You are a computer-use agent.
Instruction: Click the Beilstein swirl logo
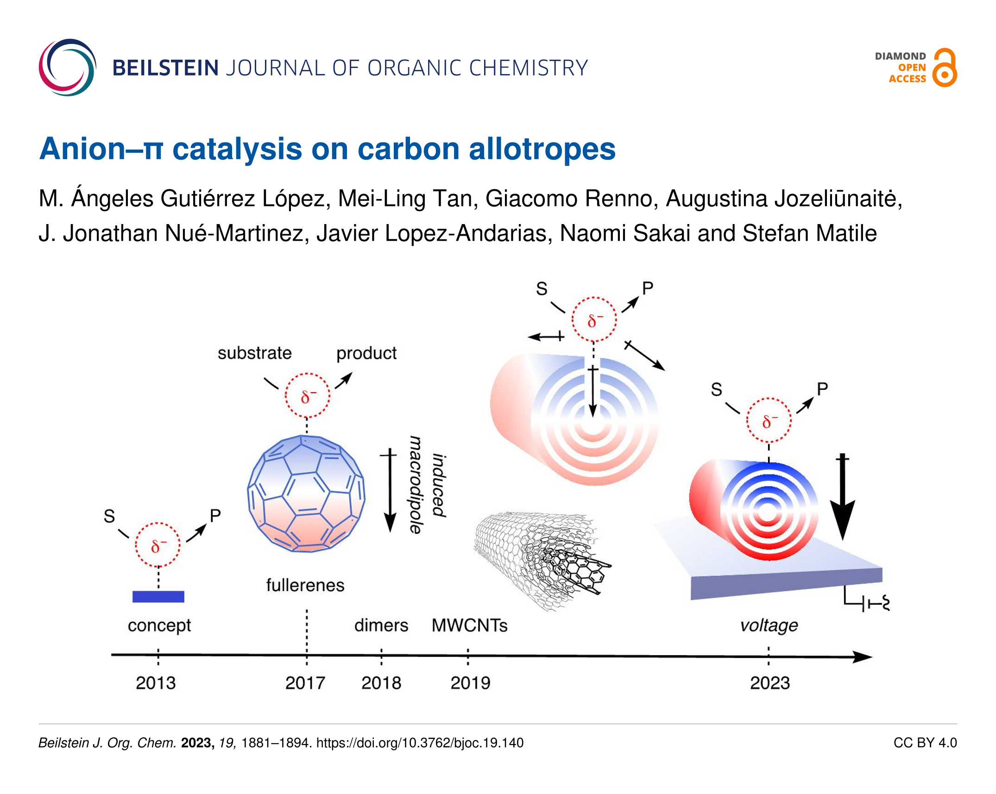(x=68, y=68)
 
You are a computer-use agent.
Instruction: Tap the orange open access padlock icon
(x=945, y=68)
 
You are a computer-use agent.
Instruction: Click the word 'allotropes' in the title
(x=542, y=149)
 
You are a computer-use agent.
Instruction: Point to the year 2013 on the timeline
(x=156, y=683)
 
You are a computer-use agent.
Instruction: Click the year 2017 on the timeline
(x=305, y=683)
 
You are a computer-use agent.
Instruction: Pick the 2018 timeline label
(x=381, y=683)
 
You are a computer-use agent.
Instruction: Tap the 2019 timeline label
(x=470, y=683)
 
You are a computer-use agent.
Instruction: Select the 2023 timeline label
(x=770, y=683)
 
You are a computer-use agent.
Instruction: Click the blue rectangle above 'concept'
(x=158, y=596)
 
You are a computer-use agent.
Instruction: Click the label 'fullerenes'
(x=305, y=585)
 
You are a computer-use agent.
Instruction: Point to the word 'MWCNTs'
(x=470, y=625)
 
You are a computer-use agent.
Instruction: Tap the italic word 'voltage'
(x=769, y=626)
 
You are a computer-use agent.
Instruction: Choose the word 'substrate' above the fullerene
(x=255, y=353)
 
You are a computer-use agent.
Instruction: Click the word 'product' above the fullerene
(x=366, y=354)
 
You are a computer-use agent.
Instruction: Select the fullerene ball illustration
(x=306, y=494)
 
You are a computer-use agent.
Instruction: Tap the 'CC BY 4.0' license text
(x=925, y=743)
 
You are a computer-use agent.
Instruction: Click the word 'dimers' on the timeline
(x=381, y=625)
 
